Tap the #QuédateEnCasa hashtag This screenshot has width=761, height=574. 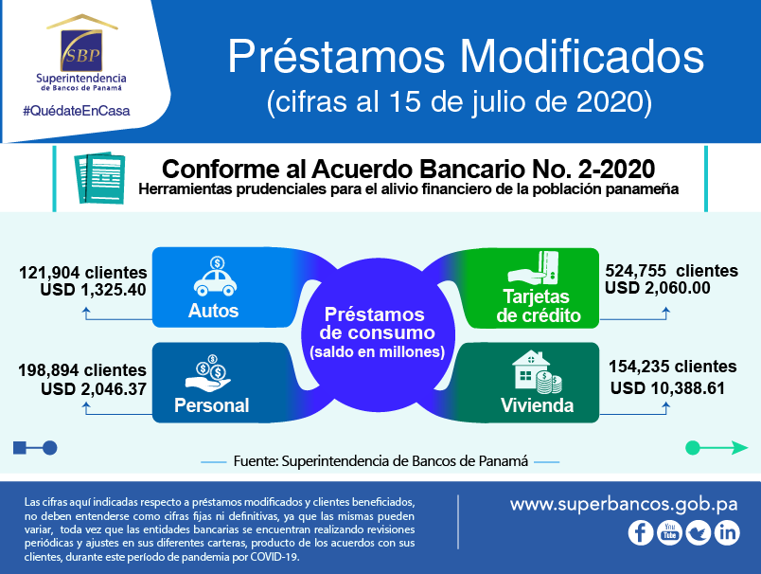click(77, 111)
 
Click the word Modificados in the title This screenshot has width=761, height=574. click(581, 57)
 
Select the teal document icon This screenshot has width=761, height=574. click(99, 178)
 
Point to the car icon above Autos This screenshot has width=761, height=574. click(216, 277)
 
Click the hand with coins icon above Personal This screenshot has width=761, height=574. click(208, 373)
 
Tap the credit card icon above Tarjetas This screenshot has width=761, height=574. click(534, 267)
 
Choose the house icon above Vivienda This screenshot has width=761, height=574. click(538, 372)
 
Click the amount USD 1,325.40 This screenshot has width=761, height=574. click(93, 290)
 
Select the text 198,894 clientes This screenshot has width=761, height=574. click(82, 370)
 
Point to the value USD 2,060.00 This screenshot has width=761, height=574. click(658, 288)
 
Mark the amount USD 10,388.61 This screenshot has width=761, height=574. click(668, 388)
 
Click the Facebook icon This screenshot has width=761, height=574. click(641, 532)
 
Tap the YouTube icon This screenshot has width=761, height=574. click(670, 532)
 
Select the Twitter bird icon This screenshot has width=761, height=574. click(699, 532)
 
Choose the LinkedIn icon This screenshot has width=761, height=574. click(728, 532)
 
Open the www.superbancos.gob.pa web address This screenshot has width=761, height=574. click(624, 505)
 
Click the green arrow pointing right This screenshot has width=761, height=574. click(717, 448)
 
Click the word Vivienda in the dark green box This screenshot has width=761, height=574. click(538, 405)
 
